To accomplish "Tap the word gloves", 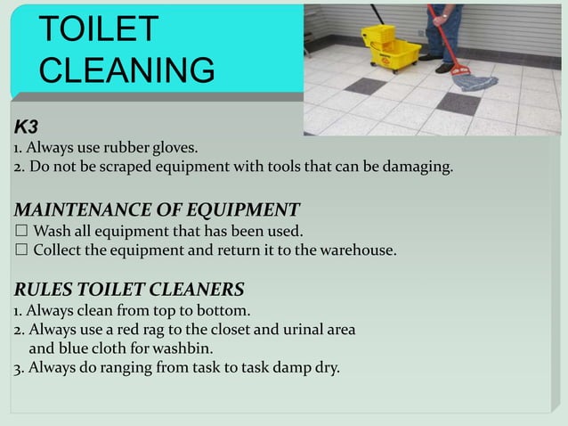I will [174, 147].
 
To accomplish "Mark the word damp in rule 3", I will [288, 367].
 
